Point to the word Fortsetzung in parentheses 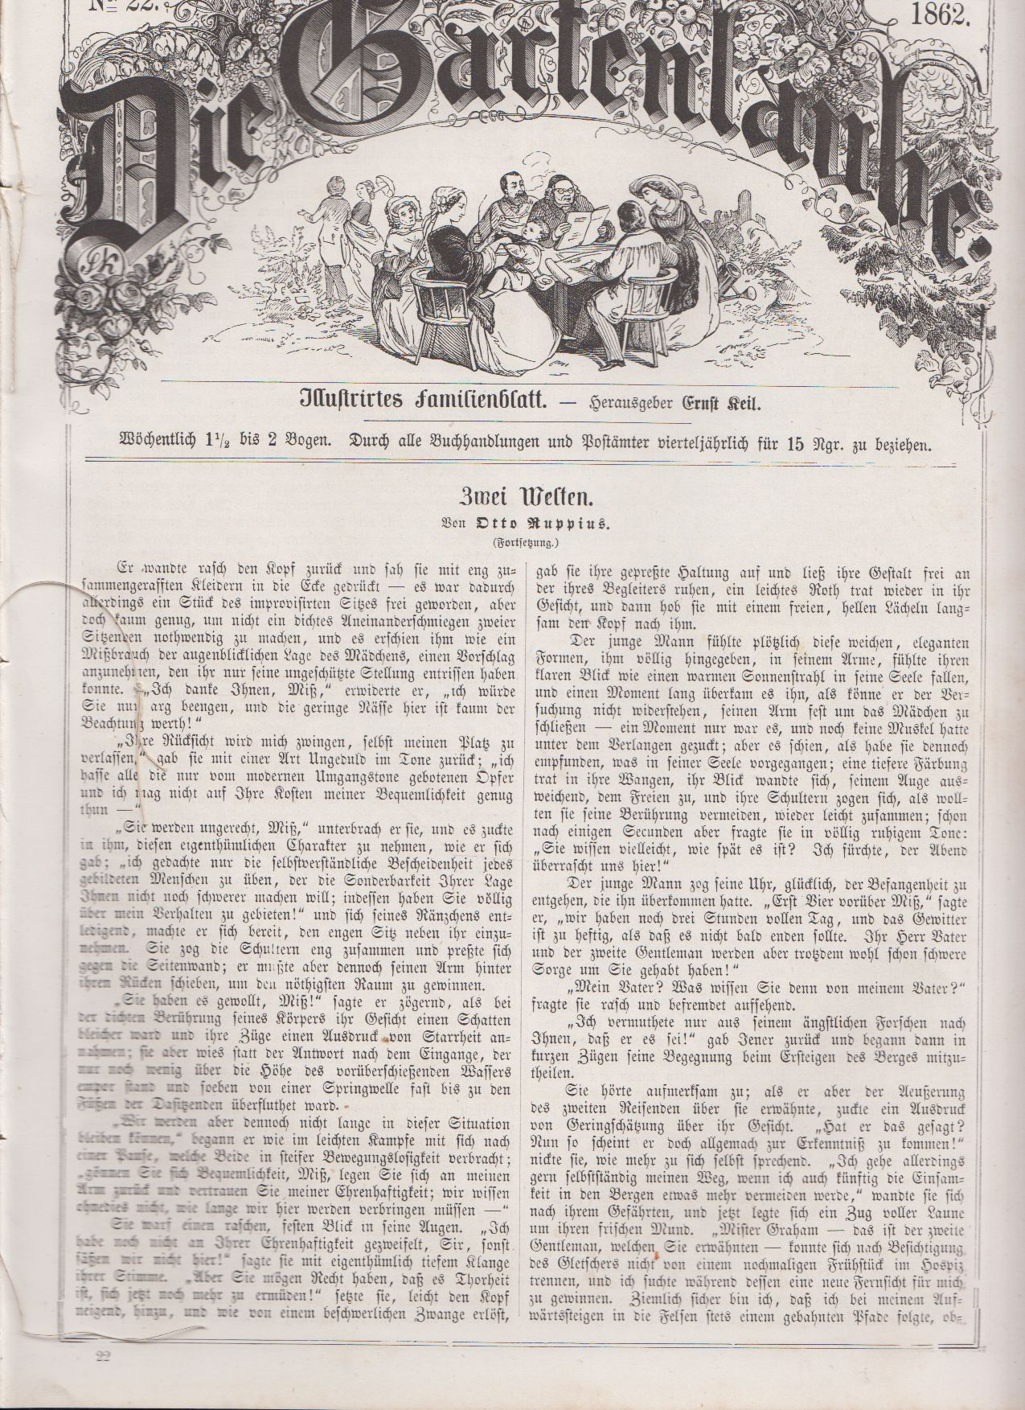coord(512,542)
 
